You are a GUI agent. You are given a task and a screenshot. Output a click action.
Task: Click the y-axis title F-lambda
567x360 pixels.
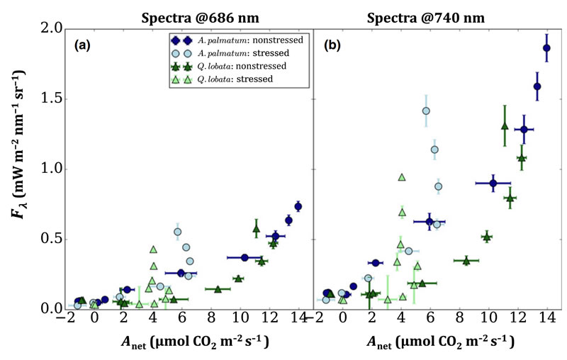click(x=21, y=169)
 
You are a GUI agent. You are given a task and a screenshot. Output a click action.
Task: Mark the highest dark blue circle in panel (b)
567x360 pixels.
click(x=546, y=48)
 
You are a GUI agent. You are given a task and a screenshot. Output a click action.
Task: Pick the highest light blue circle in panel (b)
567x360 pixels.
click(x=426, y=111)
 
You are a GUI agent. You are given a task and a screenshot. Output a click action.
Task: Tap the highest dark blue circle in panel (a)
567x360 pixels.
click(x=298, y=206)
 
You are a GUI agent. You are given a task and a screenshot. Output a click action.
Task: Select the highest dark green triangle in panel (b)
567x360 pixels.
click(x=505, y=126)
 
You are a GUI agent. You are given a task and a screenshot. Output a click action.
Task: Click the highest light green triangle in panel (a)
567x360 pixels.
click(x=153, y=249)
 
